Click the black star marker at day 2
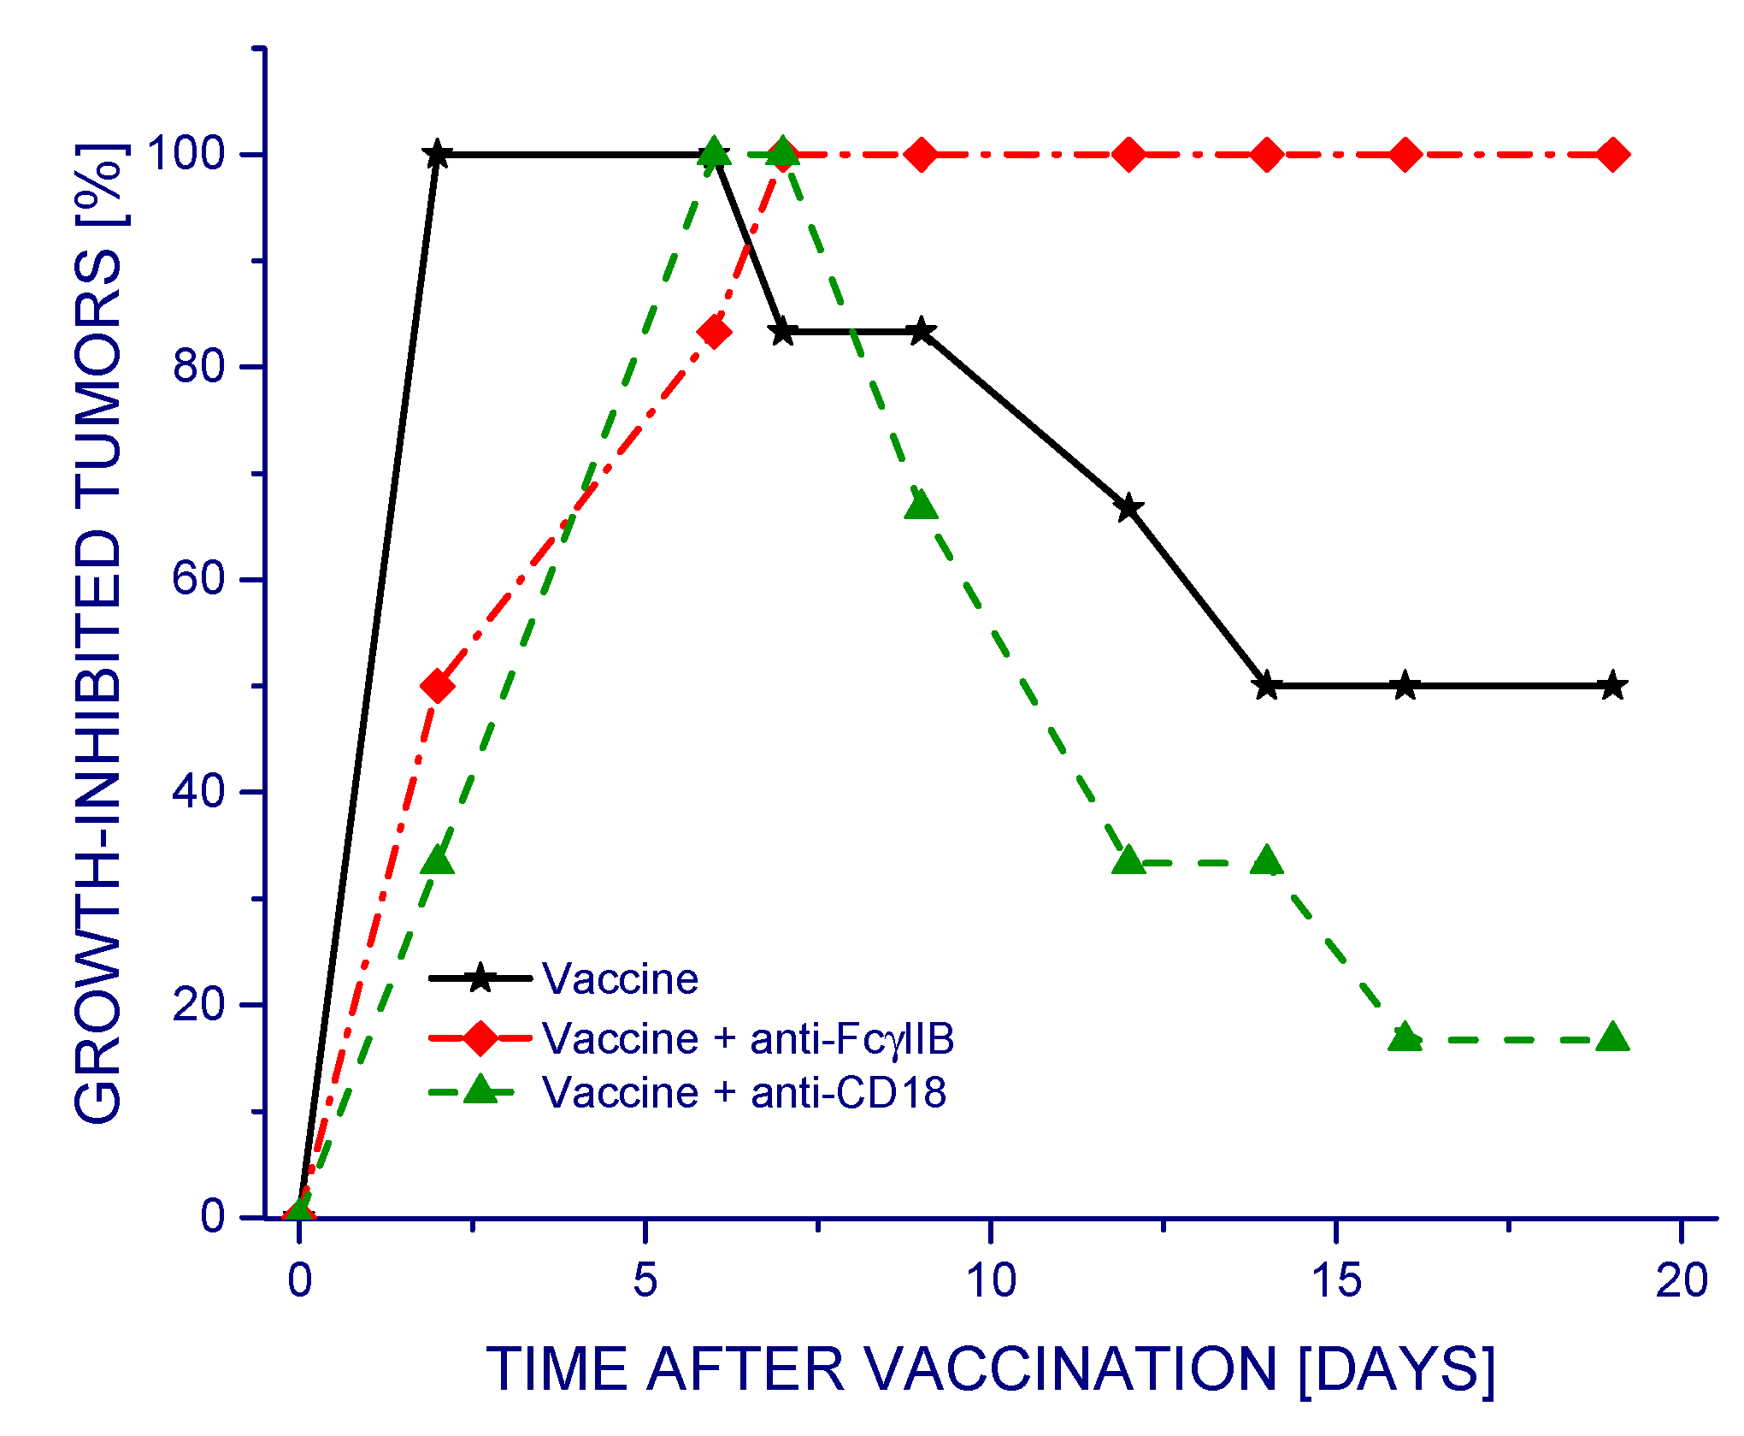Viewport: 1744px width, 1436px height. (x=437, y=155)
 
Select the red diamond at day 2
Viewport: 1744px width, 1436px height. (x=437, y=686)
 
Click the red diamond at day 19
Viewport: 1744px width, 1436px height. (x=1612, y=155)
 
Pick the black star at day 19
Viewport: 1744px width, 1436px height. (x=1612, y=686)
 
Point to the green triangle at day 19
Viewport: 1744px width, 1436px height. (x=1612, y=1037)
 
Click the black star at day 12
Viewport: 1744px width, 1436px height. (x=1128, y=507)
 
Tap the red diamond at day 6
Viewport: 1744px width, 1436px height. (x=714, y=332)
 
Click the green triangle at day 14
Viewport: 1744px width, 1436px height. (x=1267, y=861)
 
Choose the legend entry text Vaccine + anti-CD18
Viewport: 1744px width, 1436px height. (x=744, y=1092)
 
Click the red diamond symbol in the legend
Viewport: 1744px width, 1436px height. (x=480, y=1037)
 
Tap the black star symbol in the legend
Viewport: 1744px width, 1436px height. (x=480, y=978)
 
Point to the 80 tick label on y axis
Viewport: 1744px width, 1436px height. (x=198, y=366)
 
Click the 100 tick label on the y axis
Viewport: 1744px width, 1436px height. (x=186, y=154)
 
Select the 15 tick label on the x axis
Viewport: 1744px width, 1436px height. (x=1336, y=1281)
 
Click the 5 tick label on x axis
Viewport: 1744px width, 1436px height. (x=645, y=1281)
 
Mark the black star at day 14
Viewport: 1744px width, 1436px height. (x=1267, y=686)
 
